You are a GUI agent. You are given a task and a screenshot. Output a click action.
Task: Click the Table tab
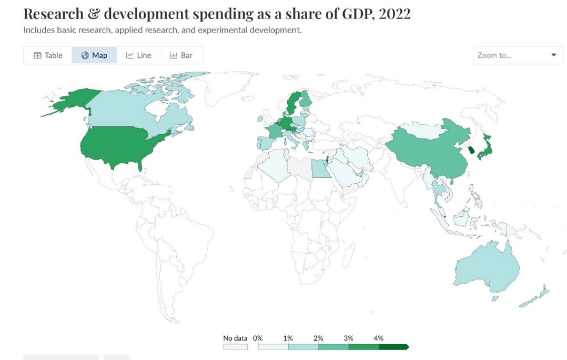[48, 55]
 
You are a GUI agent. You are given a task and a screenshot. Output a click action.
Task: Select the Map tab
[94, 55]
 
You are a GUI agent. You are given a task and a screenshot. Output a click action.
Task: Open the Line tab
[138, 55]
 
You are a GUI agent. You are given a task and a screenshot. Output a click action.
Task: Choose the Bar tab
[181, 55]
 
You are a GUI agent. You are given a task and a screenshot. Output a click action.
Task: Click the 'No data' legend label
[235, 338]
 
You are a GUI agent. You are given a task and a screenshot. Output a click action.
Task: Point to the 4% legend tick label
[379, 338]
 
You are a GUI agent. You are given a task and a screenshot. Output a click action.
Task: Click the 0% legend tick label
[257, 338]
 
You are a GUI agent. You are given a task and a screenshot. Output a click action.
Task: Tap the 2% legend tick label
[318, 338]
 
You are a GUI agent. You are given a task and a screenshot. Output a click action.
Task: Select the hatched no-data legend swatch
[236, 347]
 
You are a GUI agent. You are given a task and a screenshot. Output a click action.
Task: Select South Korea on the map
[472, 149]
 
